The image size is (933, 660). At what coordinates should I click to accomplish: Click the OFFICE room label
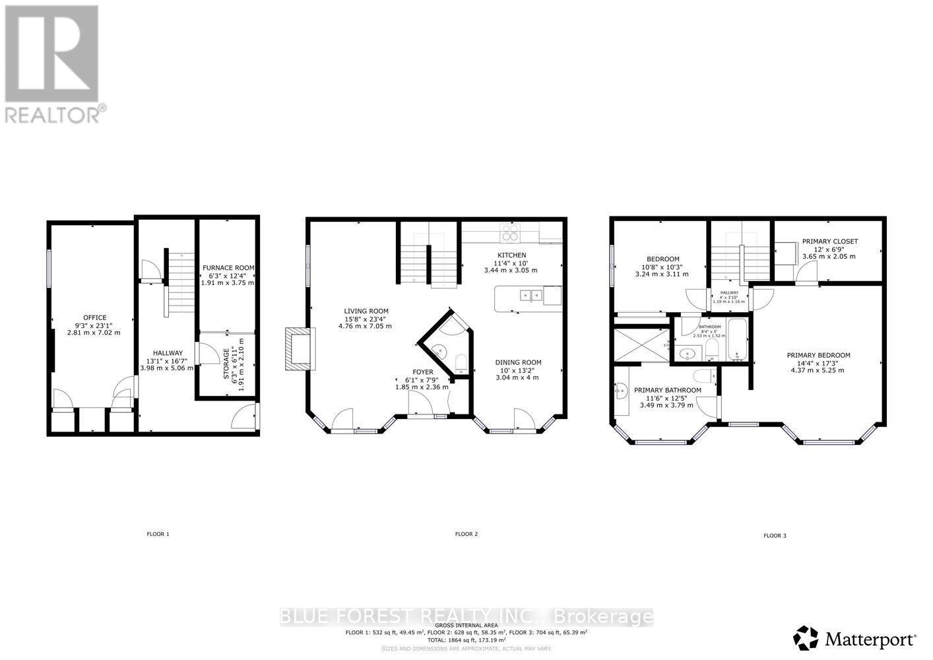point(94,317)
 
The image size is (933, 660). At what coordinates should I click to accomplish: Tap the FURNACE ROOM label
point(228,267)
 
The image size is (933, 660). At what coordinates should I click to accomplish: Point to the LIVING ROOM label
point(366,311)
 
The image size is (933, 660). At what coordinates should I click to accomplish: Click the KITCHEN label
point(511,255)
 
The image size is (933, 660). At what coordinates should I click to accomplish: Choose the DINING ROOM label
point(518,362)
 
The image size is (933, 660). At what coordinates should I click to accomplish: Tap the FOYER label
point(422,372)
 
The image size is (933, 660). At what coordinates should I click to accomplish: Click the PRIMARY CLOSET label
point(829,242)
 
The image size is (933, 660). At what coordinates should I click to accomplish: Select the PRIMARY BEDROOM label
point(818,355)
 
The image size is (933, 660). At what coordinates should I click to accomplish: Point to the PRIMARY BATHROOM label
point(667,390)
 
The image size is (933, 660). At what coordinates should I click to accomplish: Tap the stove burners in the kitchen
point(510,232)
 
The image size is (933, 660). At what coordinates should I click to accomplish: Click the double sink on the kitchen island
point(530,295)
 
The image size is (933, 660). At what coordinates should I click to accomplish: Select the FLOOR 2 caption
point(466,534)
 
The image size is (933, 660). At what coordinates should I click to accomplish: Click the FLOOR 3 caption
point(775,536)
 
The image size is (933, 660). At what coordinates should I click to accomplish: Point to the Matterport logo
point(855,638)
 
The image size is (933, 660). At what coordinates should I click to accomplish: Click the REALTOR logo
point(53,63)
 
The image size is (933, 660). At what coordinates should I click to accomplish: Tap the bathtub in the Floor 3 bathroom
point(738,339)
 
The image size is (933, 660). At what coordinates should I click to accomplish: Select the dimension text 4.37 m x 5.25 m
point(818,370)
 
